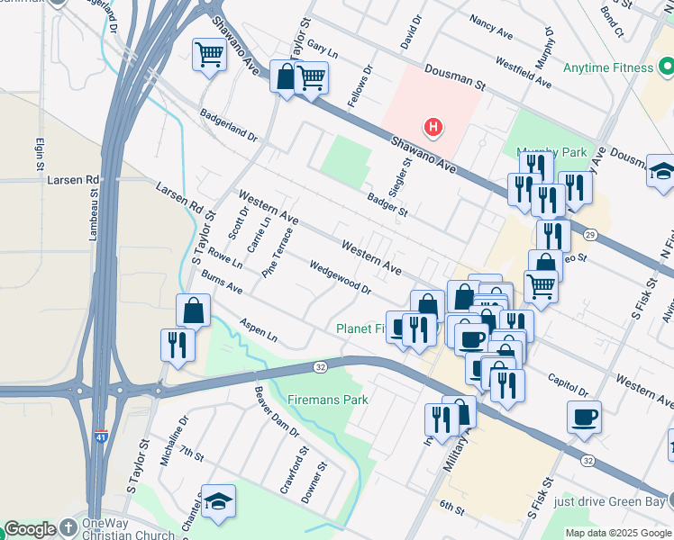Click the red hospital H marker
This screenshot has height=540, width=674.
point(433,127)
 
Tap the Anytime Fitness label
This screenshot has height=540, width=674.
point(607,67)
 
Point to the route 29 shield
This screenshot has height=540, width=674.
point(589,235)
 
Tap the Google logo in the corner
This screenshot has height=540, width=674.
point(30,529)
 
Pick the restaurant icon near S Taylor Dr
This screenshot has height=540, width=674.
point(178,344)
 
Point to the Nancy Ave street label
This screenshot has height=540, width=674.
point(492,28)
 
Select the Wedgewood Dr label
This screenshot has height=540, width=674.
point(341,278)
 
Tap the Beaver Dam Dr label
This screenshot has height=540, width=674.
point(276,411)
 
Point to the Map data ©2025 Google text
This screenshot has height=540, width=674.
point(617,533)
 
